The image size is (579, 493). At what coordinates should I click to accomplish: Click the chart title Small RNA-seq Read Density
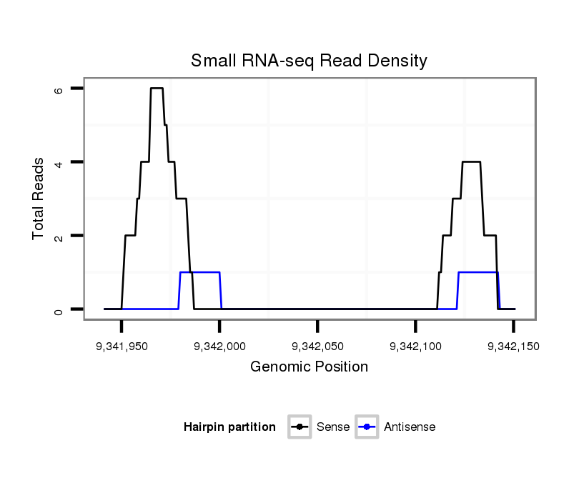(309, 61)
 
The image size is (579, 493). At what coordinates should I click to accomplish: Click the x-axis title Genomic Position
(309, 367)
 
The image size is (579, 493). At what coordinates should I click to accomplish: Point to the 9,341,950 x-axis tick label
(122, 346)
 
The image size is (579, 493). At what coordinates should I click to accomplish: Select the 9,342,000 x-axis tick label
(219, 346)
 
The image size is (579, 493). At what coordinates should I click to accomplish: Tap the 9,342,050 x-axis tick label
(317, 346)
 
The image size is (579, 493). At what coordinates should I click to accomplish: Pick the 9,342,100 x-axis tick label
(415, 346)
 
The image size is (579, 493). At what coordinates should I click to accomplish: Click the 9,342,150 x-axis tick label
(513, 346)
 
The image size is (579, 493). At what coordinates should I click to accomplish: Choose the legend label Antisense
(410, 427)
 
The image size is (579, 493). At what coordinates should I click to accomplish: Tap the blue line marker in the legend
(367, 427)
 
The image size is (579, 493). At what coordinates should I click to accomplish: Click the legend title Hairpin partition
(229, 427)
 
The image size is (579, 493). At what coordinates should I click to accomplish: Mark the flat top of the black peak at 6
(157, 89)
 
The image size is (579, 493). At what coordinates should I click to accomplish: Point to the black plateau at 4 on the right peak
(471, 162)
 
